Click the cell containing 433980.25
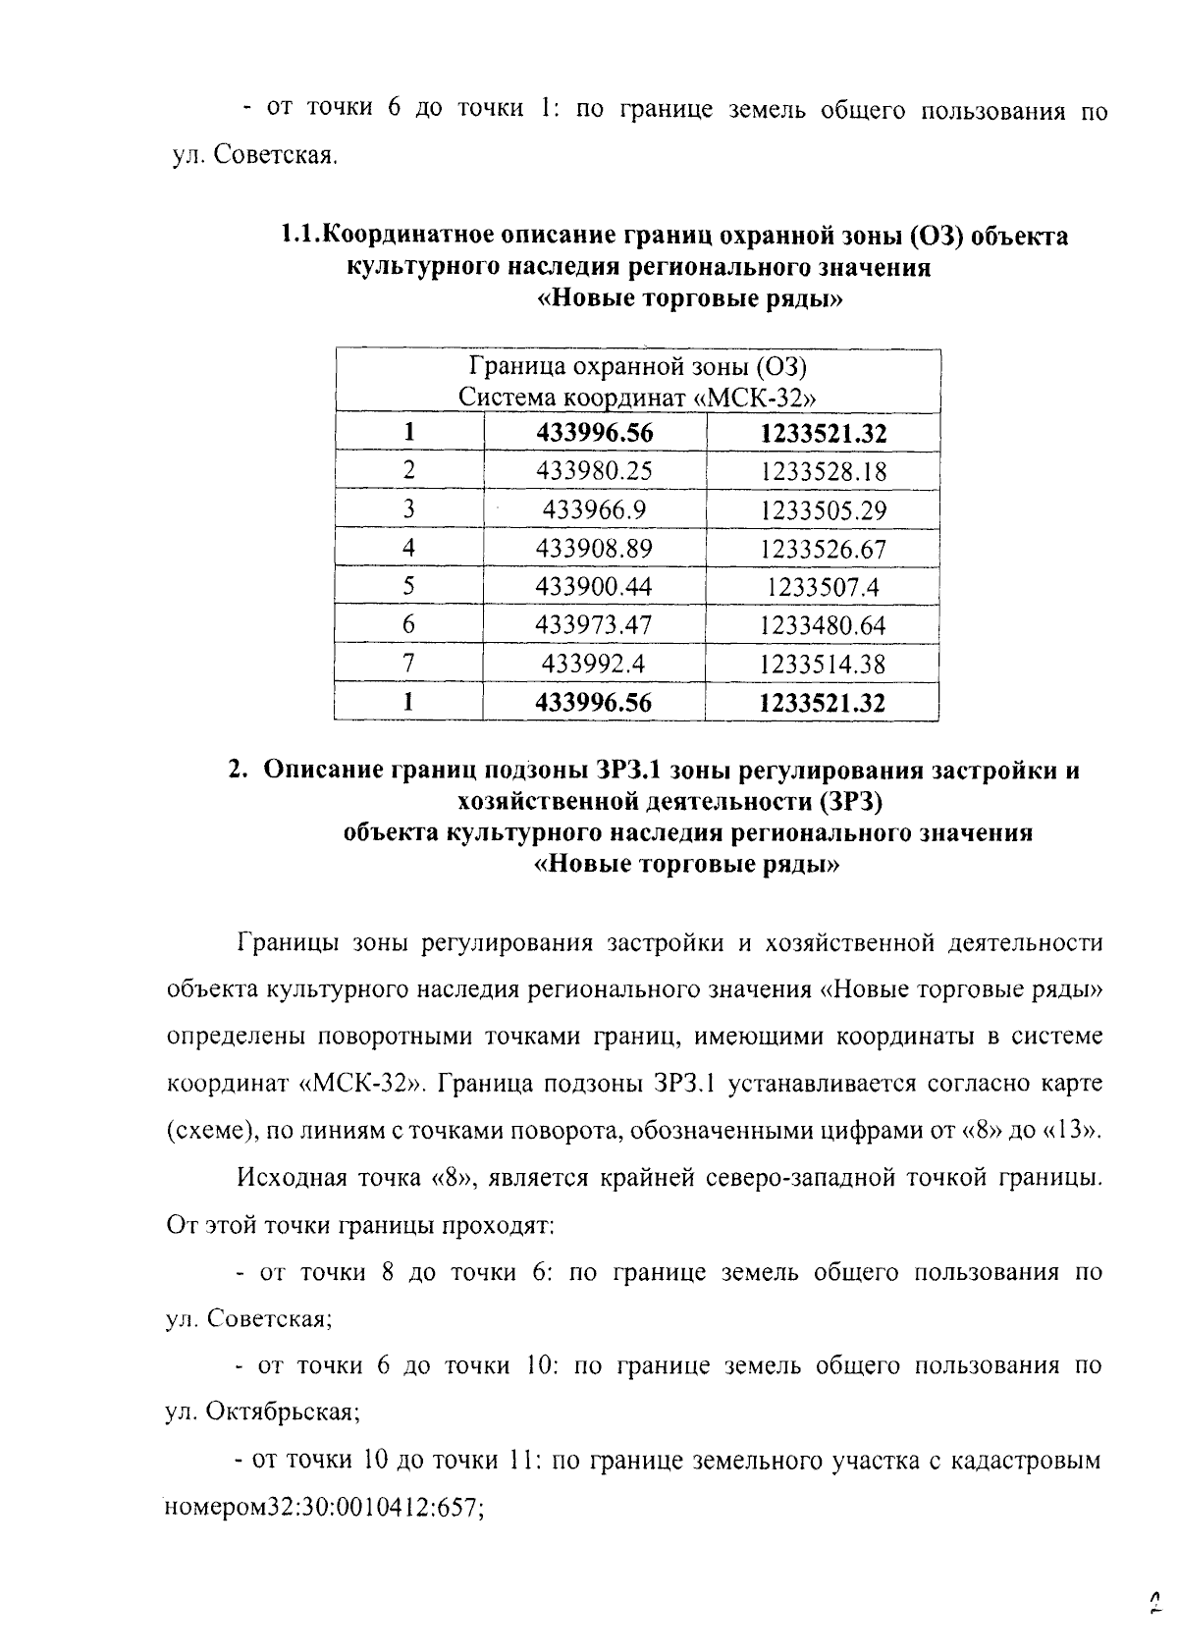click(594, 471)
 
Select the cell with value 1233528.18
click(823, 472)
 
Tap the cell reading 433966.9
click(594, 509)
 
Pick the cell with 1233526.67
click(823, 549)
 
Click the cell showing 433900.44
click(594, 587)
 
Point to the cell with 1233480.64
click(823, 625)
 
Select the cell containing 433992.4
click(594, 664)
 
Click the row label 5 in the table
click(409, 587)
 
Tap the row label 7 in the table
click(409, 664)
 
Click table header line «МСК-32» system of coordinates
click(638, 398)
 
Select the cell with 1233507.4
click(823, 587)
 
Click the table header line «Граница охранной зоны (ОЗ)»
click(638, 367)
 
